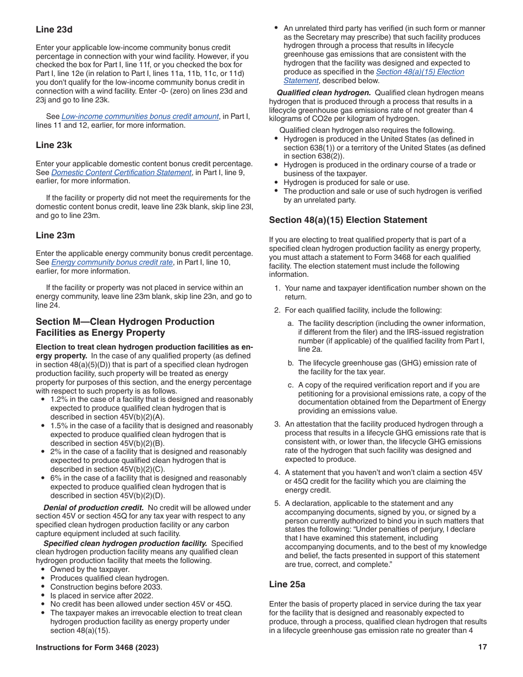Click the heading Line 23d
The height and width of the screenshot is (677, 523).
click(54, 29)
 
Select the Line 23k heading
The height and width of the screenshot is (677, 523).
click(54, 145)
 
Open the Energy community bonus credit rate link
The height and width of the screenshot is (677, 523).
click(112, 263)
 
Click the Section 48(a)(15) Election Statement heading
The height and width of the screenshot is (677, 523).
click(348, 220)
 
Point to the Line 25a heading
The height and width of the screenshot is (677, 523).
click(287, 583)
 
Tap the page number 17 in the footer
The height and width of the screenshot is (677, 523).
click(482, 647)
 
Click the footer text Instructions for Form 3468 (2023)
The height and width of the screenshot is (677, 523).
click(97, 648)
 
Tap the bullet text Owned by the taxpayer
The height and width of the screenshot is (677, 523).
click(90, 569)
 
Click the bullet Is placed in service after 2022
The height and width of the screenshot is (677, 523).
click(104, 596)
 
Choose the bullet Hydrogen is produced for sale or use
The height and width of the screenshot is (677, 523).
click(346, 182)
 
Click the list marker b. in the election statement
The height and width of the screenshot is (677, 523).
click(290, 363)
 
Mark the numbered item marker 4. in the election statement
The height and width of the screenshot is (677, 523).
click(277, 473)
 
